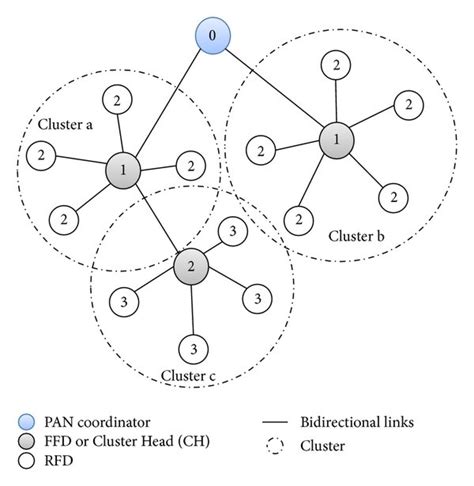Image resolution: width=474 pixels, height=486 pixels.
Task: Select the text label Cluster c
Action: [x=189, y=377]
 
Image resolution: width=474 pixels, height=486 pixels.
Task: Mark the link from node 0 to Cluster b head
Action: [x=272, y=88]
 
